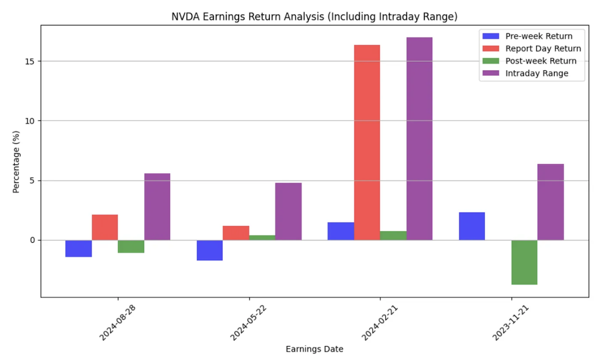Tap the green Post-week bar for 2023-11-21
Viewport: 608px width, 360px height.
tap(524, 262)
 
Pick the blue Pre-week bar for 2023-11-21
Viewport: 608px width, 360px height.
tap(472, 226)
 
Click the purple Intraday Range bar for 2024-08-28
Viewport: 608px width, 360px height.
tap(157, 206)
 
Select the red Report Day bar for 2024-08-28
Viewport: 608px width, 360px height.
tap(105, 227)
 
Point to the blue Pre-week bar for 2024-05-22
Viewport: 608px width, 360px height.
tap(209, 250)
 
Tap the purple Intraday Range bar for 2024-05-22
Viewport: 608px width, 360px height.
tap(288, 211)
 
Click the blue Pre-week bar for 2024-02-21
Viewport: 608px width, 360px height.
tap(340, 231)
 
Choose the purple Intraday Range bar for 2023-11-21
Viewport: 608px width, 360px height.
tap(550, 202)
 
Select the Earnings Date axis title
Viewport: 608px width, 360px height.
tap(314, 349)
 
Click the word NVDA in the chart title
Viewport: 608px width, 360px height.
tap(183, 17)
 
